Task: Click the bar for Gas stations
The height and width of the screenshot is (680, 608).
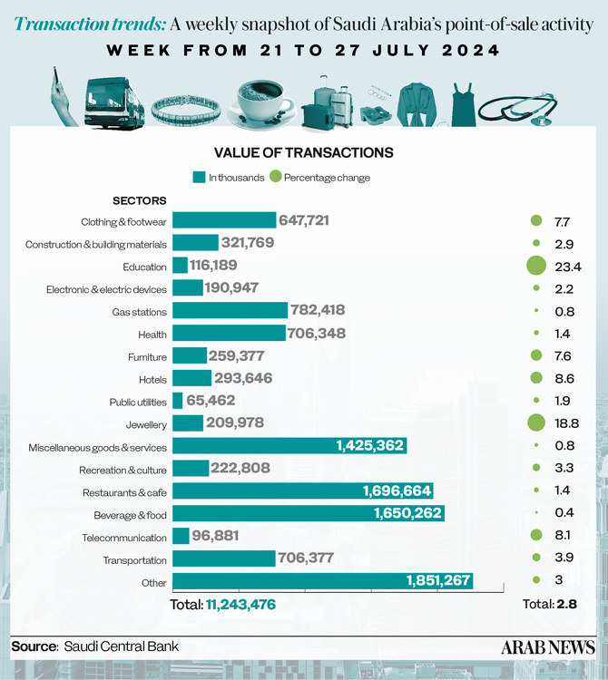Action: pyautogui.click(x=230, y=310)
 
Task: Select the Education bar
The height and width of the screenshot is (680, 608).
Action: pyautogui.click(x=180, y=266)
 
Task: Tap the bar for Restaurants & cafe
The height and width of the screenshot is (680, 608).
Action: pyautogui.click(x=302, y=491)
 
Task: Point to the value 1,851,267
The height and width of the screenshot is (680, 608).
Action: pyautogui.click(x=439, y=580)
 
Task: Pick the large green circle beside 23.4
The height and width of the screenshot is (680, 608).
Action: pyautogui.click(x=535, y=266)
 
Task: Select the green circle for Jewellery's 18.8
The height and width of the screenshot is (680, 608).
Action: pyautogui.click(x=535, y=422)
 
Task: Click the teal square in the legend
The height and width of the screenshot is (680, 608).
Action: pyautogui.click(x=199, y=178)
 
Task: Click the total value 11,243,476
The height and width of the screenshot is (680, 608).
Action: pyautogui.click(x=240, y=604)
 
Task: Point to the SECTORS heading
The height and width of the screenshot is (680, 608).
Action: pyautogui.click(x=139, y=199)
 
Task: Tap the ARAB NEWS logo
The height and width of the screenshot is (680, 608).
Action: pyautogui.click(x=548, y=646)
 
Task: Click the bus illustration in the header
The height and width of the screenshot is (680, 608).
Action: pyautogui.click(x=115, y=101)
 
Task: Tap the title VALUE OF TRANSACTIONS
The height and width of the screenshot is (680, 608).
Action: pyautogui.click(x=303, y=152)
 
